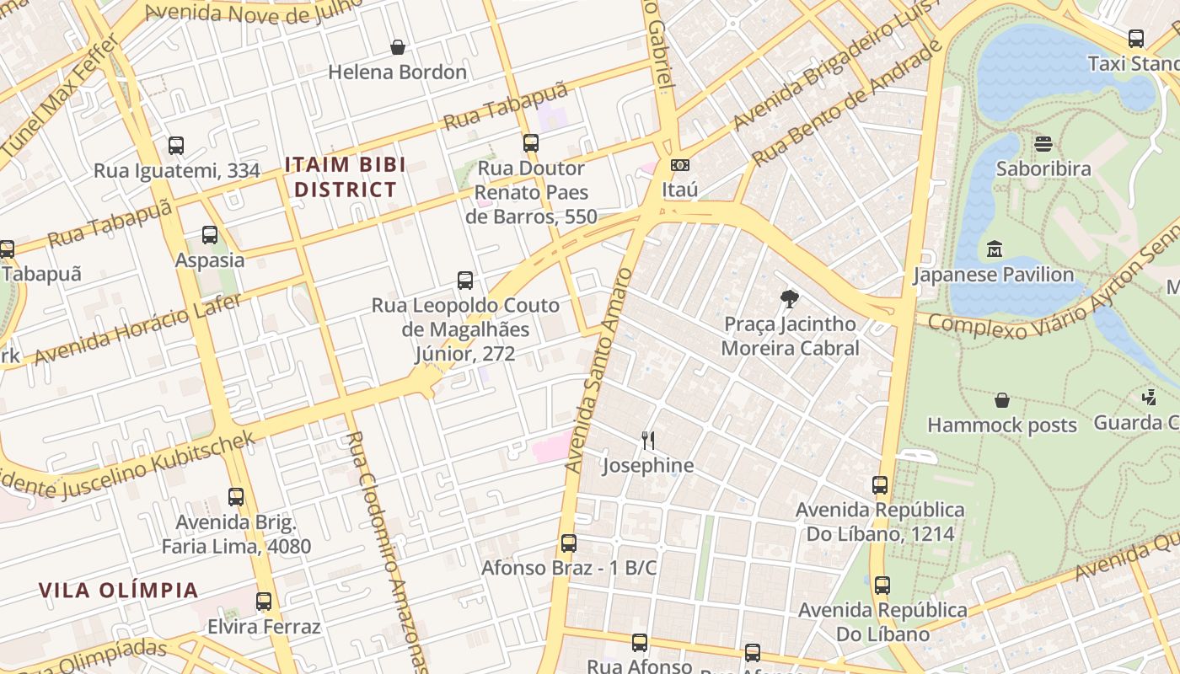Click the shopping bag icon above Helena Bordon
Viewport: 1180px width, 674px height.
(x=397, y=47)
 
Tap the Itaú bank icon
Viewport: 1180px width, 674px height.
(x=679, y=165)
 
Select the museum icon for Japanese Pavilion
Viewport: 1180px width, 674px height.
(x=994, y=249)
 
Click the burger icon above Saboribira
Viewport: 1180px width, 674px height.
(x=1043, y=144)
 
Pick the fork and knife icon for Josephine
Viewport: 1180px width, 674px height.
(x=647, y=440)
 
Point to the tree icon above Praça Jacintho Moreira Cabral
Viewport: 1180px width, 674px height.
(x=790, y=298)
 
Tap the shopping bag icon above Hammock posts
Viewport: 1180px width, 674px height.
(x=1002, y=400)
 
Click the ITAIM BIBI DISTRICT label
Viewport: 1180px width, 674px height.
(x=345, y=177)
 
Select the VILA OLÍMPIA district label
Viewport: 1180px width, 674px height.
(x=118, y=590)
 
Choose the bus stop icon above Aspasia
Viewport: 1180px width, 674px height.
(x=210, y=235)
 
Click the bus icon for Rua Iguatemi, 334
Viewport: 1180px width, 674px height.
(x=176, y=146)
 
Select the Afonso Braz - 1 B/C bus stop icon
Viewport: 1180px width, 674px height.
(x=569, y=543)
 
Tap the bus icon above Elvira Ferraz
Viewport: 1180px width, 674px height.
(x=264, y=602)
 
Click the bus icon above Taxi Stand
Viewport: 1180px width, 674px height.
(x=1136, y=39)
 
